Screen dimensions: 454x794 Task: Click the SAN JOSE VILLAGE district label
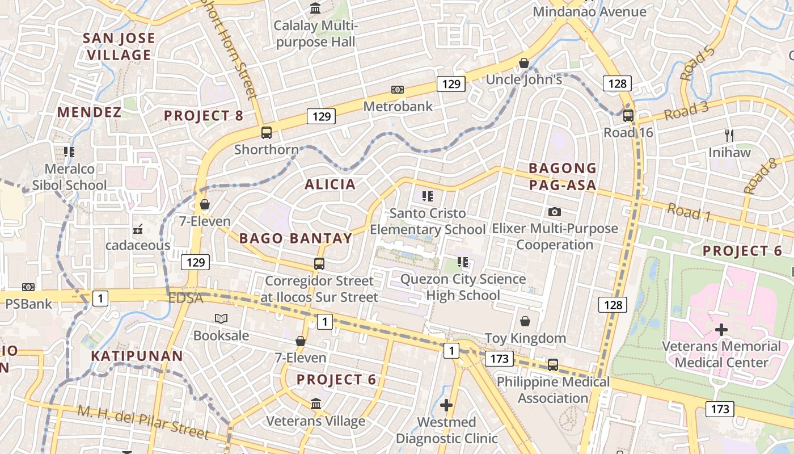pyautogui.click(x=119, y=47)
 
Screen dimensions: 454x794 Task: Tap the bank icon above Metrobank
pyautogui.click(x=398, y=90)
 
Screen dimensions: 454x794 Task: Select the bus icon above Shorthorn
pyautogui.click(x=266, y=133)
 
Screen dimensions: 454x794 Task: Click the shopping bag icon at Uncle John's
pyautogui.click(x=524, y=63)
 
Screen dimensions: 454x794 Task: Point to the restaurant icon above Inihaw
pyautogui.click(x=729, y=135)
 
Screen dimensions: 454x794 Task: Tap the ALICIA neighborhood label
pyautogui.click(x=330, y=184)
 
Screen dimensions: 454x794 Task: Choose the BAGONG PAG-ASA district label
pyautogui.click(x=563, y=176)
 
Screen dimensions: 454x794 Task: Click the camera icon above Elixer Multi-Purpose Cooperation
pyautogui.click(x=555, y=212)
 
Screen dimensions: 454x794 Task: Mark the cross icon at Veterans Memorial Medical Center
pyautogui.click(x=721, y=329)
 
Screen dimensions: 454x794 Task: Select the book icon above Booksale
pyautogui.click(x=221, y=319)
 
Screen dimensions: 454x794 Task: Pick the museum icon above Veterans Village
pyautogui.click(x=316, y=403)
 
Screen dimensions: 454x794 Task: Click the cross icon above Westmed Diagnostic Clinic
pyautogui.click(x=446, y=405)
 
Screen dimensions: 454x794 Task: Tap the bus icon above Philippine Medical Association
pyautogui.click(x=553, y=365)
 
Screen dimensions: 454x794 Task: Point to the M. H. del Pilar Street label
pyautogui.click(x=143, y=422)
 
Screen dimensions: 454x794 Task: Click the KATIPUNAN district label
pyautogui.click(x=137, y=356)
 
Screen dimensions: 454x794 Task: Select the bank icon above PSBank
pyautogui.click(x=28, y=287)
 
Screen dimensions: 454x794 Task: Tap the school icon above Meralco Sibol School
pyautogui.click(x=69, y=152)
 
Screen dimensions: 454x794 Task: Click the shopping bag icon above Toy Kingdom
pyautogui.click(x=525, y=321)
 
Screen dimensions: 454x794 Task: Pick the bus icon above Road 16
pyautogui.click(x=628, y=116)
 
